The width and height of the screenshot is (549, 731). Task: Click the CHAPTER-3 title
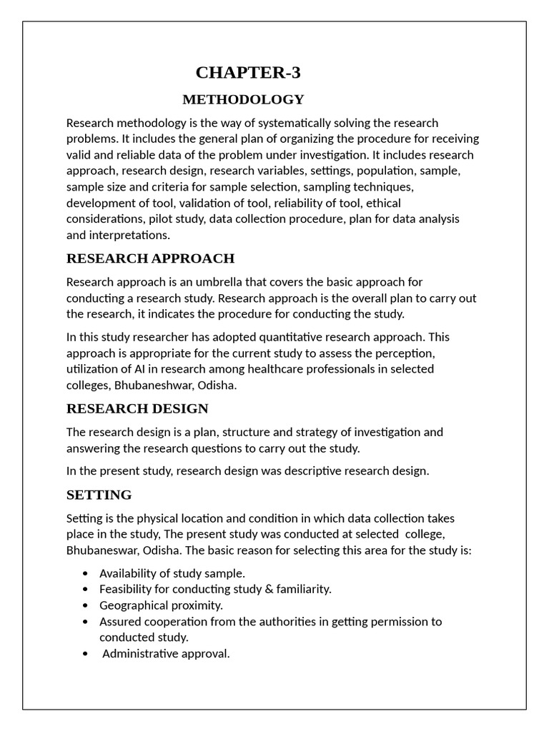pos(248,72)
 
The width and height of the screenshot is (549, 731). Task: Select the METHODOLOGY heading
pos(243,99)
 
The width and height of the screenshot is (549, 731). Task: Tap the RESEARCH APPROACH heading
pos(150,258)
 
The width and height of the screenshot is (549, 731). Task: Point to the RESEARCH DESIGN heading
pos(137,408)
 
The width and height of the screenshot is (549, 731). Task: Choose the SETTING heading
pos(99,495)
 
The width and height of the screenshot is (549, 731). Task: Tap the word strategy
pos(325,432)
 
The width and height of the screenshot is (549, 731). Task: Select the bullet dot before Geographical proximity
pos(86,605)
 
